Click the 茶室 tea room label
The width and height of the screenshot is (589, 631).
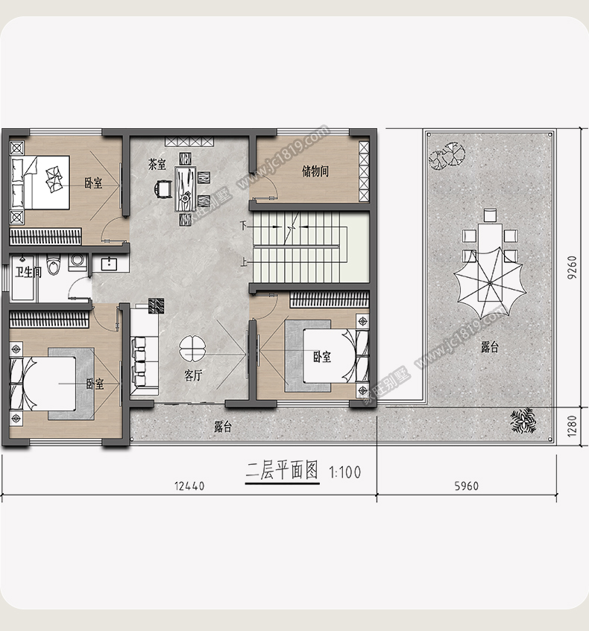[x=157, y=164]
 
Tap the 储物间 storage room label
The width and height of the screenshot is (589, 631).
[x=315, y=171]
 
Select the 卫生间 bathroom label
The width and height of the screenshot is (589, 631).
[x=28, y=273]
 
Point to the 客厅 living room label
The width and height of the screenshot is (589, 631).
[x=193, y=375]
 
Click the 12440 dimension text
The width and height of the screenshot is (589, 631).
[x=189, y=486]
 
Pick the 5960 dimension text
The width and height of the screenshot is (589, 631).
[x=467, y=486]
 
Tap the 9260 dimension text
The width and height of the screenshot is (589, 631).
[x=572, y=267]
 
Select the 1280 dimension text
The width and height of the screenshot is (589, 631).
[x=572, y=426]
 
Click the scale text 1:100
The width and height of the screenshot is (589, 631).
[x=345, y=472]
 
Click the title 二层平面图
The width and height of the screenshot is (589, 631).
[x=282, y=471]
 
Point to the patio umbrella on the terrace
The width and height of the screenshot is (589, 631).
[x=490, y=283]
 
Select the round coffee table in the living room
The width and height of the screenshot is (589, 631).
[x=192, y=349]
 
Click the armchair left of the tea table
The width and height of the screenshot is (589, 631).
[x=163, y=188]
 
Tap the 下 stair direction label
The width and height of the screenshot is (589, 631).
[x=243, y=225]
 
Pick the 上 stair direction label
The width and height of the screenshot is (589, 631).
[x=244, y=263]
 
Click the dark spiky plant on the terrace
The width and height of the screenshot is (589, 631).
[x=523, y=420]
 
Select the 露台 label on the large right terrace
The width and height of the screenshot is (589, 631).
[x=490, y=347]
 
